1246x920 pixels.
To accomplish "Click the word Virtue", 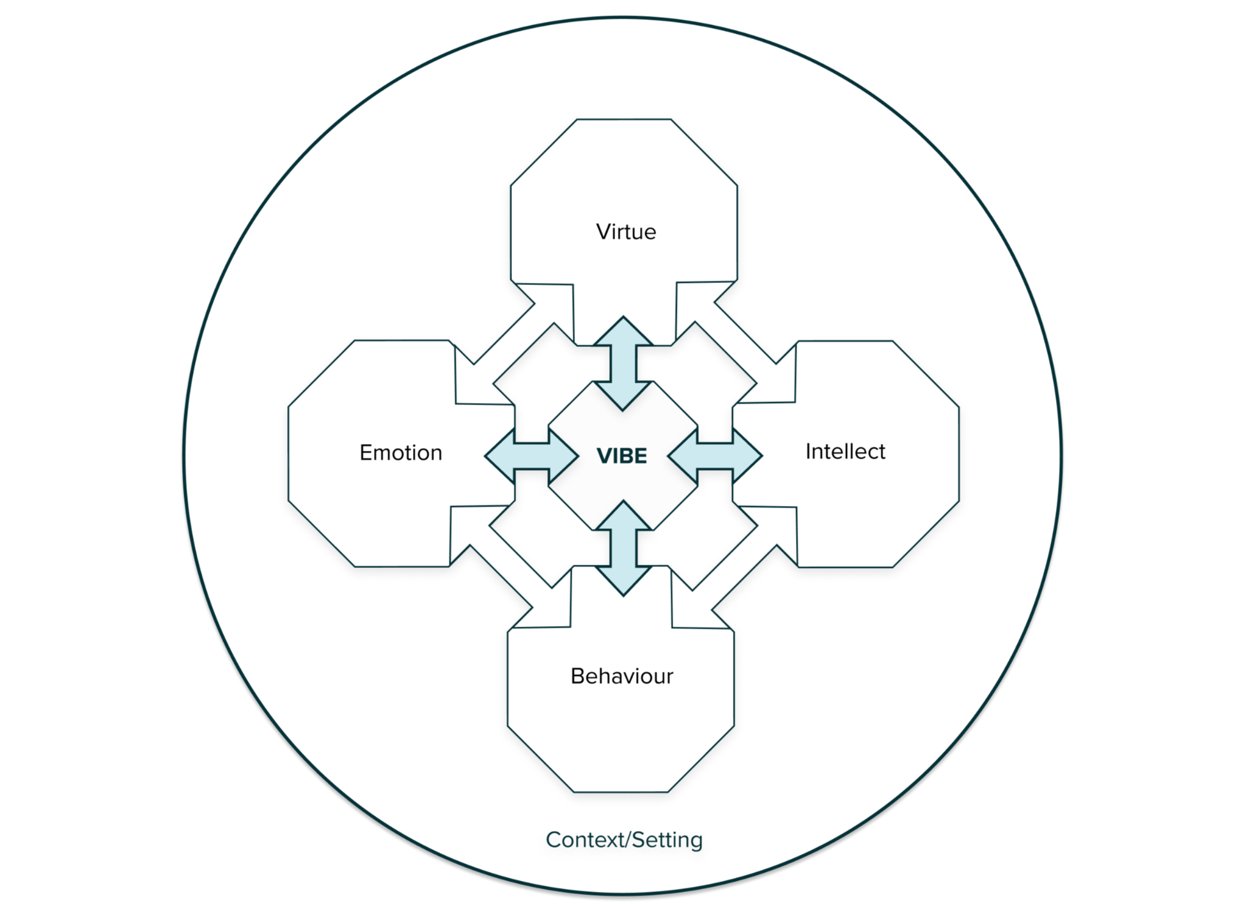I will point(626,231).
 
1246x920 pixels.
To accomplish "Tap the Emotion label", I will point(401,452).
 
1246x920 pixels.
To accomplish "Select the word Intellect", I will point(845,451).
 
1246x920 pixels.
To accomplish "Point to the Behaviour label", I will point(621,676).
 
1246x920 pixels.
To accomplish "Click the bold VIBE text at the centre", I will point(621,456).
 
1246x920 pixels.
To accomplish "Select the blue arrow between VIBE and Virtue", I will point(623,363).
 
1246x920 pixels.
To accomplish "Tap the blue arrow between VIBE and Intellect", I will point(715,455).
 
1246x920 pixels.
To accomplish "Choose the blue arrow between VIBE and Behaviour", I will point(623,549).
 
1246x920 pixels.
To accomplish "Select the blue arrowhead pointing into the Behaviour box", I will point(623,581).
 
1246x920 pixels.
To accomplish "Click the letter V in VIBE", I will point(604,456).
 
